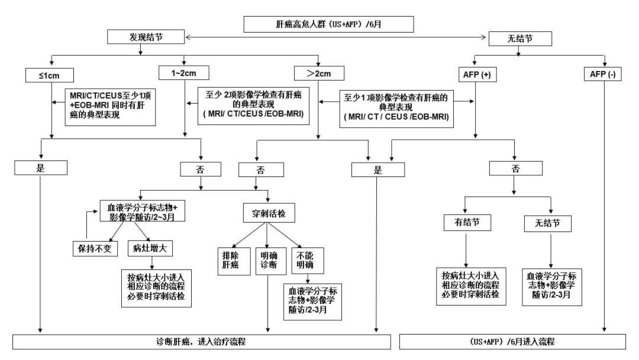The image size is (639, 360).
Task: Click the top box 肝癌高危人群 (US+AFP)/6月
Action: (328, 24)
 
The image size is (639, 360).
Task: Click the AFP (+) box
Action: (477, 75)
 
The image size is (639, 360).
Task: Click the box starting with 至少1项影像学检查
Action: (396, 107)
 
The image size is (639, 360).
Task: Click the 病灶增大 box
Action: (150, 248)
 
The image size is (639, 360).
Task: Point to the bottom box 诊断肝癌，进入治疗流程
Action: (202, 342)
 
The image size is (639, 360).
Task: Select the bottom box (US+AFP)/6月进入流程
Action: (512, 342)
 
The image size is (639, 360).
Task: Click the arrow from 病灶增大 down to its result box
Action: (151, 262)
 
